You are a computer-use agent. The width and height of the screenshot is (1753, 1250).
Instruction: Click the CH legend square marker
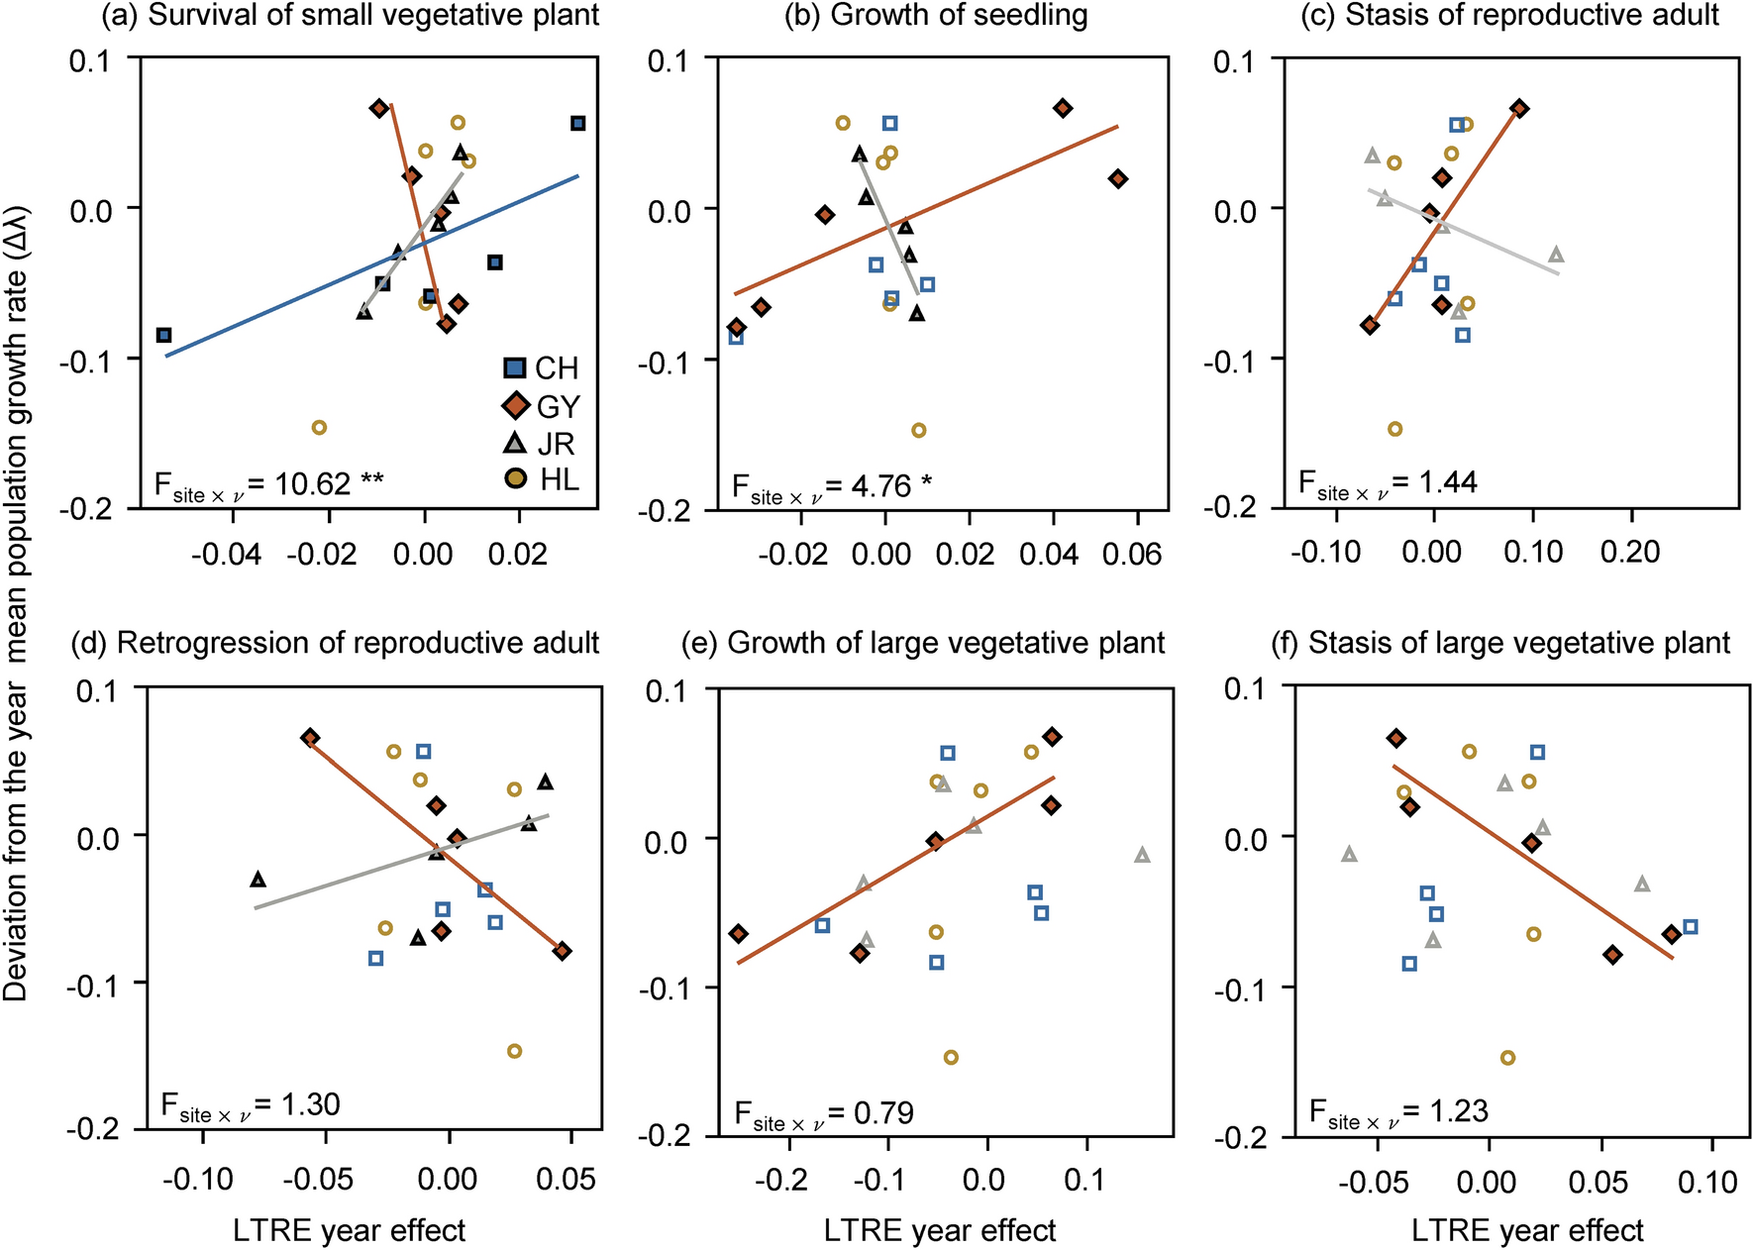[515, 369]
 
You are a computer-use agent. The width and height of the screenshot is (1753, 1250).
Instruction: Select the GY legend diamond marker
[516, 406]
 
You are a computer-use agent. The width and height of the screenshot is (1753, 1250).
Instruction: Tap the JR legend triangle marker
[516, 443]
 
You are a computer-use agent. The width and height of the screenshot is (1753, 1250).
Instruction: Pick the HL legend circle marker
[516, 480]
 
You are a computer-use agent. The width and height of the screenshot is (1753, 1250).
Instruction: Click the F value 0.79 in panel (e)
[870, 1112]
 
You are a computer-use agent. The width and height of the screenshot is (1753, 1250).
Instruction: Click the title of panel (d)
[335, 643]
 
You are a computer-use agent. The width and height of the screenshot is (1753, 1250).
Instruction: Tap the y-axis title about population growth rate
[17, 603]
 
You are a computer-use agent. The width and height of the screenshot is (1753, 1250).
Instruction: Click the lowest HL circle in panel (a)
[319, 428]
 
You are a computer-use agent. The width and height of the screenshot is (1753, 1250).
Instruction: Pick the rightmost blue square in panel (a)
[578, 124]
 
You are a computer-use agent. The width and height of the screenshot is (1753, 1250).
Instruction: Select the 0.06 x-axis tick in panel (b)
[1137, 553]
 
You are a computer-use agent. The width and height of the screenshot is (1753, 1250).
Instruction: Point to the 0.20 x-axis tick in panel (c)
[1630, 552]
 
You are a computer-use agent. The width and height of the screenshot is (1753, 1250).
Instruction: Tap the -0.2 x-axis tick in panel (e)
[788, 1180]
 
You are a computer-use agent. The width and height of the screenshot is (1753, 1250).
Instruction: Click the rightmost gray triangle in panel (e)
[1142, 855]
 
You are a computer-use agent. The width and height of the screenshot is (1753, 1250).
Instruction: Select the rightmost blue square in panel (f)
[1691, 927]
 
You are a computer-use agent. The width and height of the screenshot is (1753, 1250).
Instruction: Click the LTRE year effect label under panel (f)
[1526, 1231]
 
